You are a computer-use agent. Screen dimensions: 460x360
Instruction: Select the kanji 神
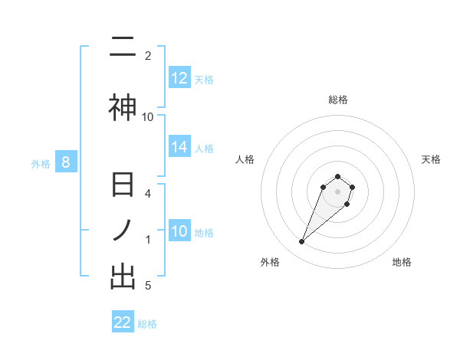(123, 107)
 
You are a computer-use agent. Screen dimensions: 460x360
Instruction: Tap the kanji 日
(123, 187)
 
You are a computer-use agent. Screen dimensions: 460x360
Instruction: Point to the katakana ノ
(123, 231)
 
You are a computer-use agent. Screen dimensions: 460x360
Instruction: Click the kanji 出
(123, 277)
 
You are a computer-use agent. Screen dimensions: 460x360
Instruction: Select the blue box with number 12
(179, 78)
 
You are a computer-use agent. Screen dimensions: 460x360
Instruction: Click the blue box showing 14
(179, 148)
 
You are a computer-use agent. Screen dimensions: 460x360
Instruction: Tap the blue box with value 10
(179, 231)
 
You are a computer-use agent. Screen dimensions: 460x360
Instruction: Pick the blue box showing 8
(66, 162)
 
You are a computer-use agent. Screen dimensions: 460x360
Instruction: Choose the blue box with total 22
(123, 322)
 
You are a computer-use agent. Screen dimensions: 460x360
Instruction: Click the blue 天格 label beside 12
(203, 79)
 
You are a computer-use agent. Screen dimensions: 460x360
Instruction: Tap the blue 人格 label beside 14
(203, 149)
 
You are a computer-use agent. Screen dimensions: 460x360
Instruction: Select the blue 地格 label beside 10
(203, 232)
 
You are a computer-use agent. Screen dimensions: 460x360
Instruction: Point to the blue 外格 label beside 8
(41, 163)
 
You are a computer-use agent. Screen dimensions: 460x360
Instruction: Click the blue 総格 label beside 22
(147, 323)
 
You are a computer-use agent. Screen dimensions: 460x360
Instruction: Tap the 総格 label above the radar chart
(337, 100)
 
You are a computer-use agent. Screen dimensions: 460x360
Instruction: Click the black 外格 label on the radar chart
(270, 263)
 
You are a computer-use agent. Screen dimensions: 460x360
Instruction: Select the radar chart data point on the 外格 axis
(301, 242)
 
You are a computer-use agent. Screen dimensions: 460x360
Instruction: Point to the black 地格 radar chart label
(402, 263)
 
